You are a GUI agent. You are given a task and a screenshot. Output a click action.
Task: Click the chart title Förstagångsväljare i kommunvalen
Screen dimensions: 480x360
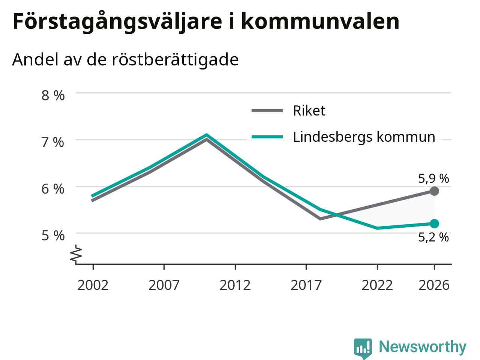point(206,21)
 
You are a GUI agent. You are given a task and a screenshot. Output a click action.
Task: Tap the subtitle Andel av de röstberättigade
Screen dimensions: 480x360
point(125,60)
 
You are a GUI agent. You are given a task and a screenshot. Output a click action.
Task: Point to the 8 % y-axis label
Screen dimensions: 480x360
point(53,96)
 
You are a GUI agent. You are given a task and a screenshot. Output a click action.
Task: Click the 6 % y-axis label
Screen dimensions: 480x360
point(53,189)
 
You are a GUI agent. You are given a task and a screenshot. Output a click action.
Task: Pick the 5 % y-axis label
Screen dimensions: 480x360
point(53,236)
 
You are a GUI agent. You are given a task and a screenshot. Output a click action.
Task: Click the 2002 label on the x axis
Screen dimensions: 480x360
point(93,285)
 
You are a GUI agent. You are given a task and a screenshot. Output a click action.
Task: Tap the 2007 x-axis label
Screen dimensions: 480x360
point(164,285)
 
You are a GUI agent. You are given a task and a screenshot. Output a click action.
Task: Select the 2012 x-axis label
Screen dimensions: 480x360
point(235,285)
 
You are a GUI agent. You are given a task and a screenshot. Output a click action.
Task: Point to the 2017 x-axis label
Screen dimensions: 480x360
point(306,285)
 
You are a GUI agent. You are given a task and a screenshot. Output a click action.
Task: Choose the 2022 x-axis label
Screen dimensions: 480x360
point(377,285)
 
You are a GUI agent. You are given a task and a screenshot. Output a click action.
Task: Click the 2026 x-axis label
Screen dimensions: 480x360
point(434,285)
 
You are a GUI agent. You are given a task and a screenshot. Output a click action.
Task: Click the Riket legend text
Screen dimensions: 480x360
point(309,111)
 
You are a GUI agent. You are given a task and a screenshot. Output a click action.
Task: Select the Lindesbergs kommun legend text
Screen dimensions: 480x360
point(364,137)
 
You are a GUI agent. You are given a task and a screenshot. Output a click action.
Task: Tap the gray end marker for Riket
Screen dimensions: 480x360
point(434,191)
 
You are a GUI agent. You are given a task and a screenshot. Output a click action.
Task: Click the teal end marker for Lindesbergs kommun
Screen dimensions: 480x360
point(434,223)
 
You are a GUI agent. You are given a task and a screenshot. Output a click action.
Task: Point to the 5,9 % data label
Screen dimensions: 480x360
point(433,178)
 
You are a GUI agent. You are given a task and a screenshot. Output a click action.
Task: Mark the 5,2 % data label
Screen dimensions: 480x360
point(433,237)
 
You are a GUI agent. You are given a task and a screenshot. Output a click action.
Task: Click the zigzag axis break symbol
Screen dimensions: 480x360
point(76,253)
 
